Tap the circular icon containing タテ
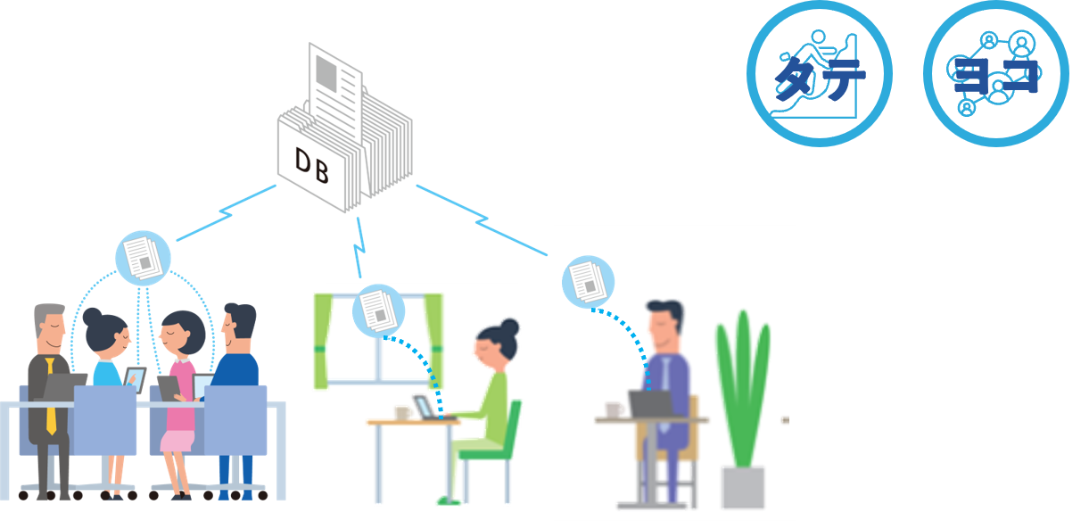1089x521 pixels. click(820, 73)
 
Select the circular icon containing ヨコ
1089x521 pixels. click(995, 73)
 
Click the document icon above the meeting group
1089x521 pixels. click(143, 257)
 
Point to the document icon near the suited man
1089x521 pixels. click(588, 281)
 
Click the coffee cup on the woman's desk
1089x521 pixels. click(402, 413)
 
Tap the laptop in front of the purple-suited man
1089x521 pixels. click(651, 403)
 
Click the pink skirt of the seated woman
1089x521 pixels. click(177, 438)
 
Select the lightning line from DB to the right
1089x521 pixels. click(481, 219)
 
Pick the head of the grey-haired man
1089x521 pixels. click(50, 325)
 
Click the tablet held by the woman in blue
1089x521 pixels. click(134, 379)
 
